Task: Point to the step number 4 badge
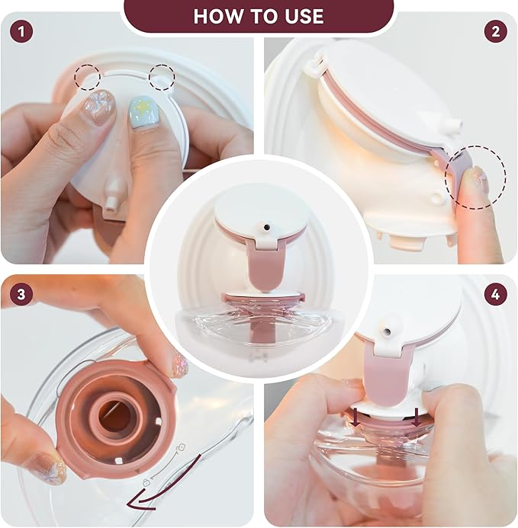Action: (496, 293)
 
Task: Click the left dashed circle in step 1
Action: (87, 77)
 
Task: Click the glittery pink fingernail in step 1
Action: (98, 104)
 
